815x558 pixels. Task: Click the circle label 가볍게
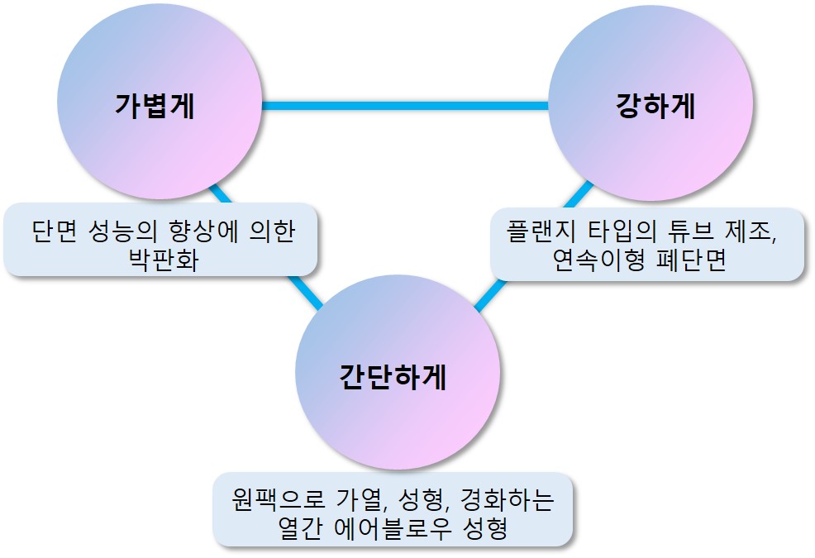[x=155, y=107]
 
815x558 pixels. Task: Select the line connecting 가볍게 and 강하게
[x=405, y=106]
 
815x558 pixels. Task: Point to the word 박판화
[x=162, y=258]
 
